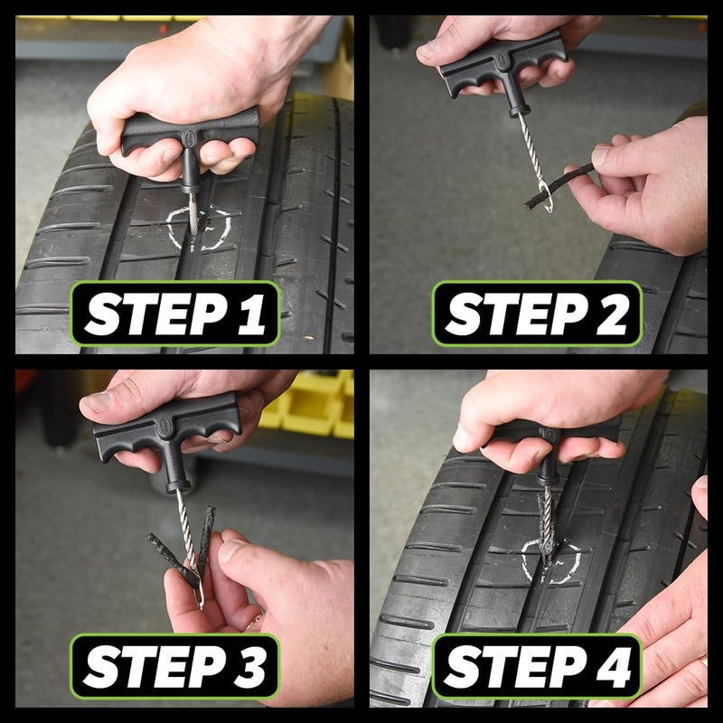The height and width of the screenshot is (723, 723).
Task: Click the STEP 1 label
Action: coord(175,314)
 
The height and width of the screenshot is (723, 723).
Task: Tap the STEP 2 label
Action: coord(537,314)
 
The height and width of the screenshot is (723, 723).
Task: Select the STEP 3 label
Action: coord(175,666)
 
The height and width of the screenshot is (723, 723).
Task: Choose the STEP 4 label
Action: coord(537,666)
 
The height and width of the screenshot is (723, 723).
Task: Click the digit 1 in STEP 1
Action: coord(252,314)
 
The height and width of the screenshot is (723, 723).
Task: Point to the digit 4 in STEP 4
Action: coord(615,666)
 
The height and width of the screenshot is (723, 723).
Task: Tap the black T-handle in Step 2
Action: coord(502,64)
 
